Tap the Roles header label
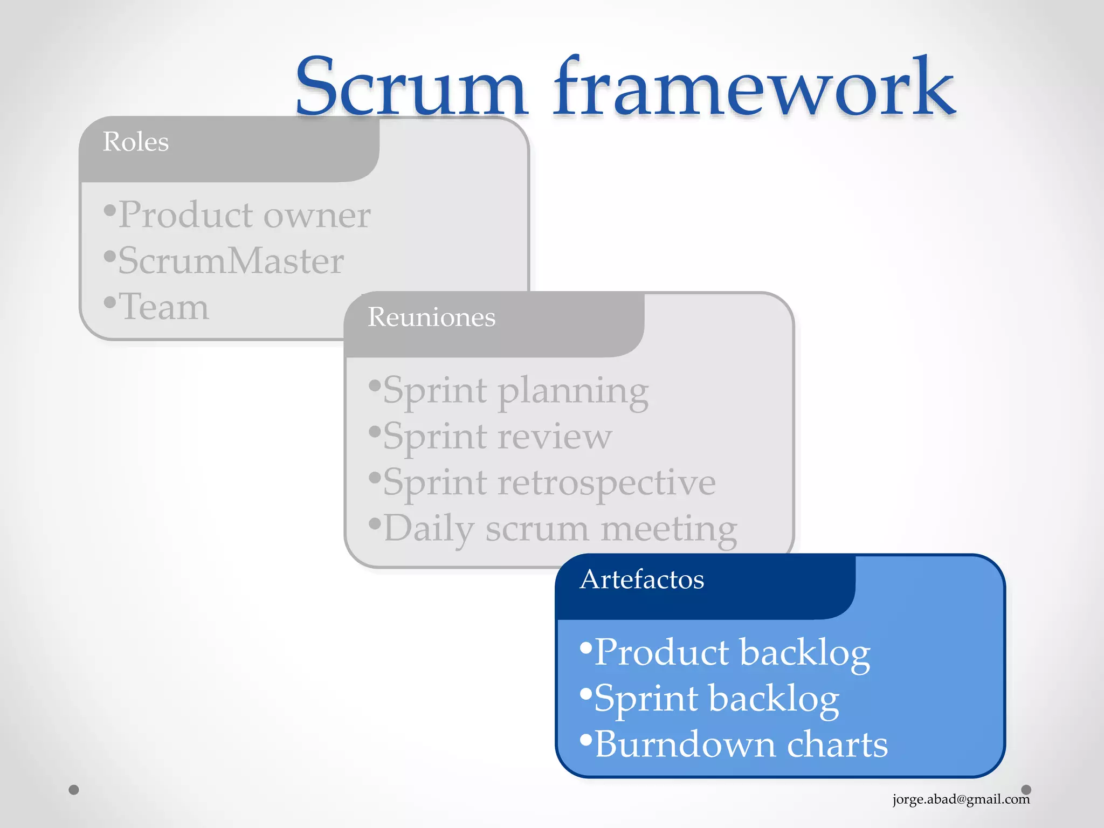[x=136, y=142]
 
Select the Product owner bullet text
[x=244, y=215]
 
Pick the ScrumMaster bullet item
[x=231, y=261]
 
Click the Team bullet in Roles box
[x=163, y=307]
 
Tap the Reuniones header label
[x=431, y=317]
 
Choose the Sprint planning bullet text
[x=515, y=391]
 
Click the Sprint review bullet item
[x=497, y=436]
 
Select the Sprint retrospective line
[x=549, y=482]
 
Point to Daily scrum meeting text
[x=560, y=529]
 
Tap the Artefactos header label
[x=641, y=579]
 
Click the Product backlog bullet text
[x=732, y=653]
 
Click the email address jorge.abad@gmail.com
[x=961, y=799]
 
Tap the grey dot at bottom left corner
[x=74, y=790]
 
